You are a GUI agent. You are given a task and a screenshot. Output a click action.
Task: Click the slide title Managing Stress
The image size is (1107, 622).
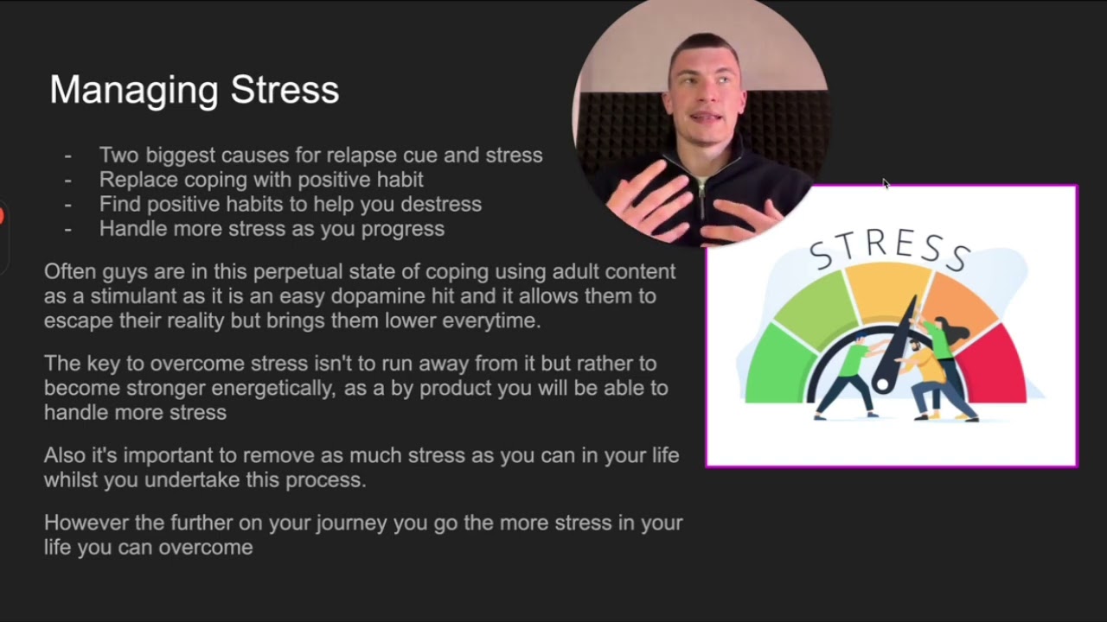coord(194,90)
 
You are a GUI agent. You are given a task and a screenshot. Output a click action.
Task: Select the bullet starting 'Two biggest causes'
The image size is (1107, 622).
coord(320,155)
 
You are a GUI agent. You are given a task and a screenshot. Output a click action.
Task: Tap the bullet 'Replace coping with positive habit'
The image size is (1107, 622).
coord(260,180)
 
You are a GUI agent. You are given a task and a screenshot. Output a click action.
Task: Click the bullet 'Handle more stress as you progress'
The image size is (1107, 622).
coord(272,229)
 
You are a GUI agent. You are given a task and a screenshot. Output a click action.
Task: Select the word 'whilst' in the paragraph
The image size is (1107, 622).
coord(71,480)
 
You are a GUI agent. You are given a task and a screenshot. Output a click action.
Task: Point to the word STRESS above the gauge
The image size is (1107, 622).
coord(890,247)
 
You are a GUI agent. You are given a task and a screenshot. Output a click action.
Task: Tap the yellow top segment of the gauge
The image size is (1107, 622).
coord(886,289)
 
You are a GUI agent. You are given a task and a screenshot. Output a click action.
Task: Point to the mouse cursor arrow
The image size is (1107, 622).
coord(885,183)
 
